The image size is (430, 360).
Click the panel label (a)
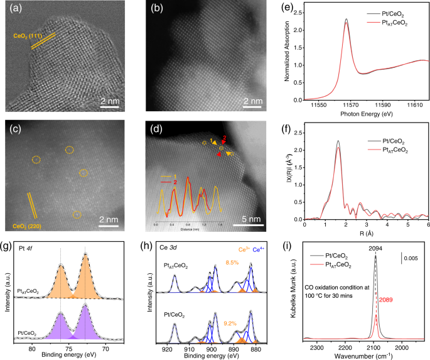tap(17, 10)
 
